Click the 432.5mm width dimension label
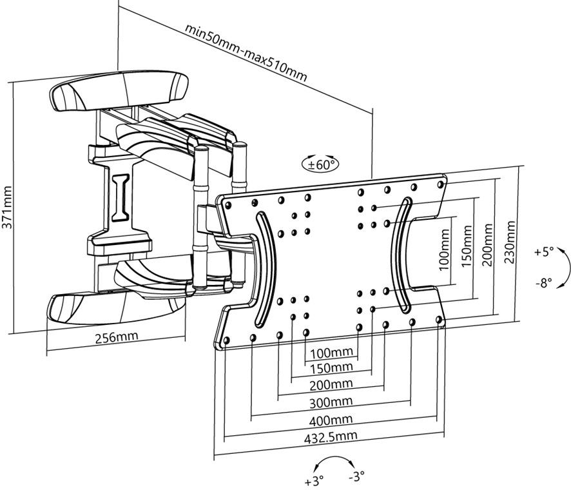coord(331,436)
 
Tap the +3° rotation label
coord(314,480)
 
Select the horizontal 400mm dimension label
coord(331,420)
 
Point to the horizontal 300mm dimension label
coord(331,402)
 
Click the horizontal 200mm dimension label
coord(331,385)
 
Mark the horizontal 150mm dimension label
coord(331,367)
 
